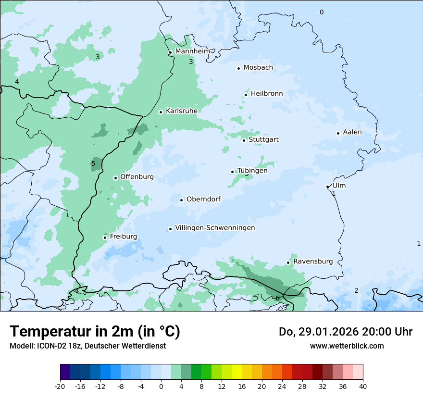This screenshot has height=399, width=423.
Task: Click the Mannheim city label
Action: (192, 51)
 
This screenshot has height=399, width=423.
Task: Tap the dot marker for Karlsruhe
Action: (161, 112)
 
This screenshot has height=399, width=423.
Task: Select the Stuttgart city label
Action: (263, 140)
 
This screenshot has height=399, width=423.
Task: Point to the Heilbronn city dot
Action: (246, 95)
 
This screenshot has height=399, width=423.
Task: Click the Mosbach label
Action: (258, 68)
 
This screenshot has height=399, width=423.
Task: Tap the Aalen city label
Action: (352, 132)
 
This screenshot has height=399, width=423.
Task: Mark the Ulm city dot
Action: (327, 187)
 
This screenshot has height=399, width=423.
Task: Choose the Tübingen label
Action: (252, 171)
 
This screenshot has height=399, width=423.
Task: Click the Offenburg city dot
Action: (115, 178)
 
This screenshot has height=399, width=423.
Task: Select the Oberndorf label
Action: (203, 199)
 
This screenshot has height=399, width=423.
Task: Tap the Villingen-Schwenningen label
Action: (215, 228)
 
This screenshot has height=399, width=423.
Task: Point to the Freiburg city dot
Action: (105, 237)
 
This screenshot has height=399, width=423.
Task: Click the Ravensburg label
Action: (313, 262)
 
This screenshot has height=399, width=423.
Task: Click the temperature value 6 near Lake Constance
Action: (277, 299)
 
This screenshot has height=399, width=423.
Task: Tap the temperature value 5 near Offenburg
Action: (93, 164)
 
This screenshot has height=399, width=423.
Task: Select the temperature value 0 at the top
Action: (322, 12)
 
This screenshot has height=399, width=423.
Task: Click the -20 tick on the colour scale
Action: (60, 387)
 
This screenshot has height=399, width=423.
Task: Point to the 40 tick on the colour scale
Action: (363, 387)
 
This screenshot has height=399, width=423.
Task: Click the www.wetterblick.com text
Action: (347, 346)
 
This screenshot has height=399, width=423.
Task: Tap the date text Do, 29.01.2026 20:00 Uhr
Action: (345, 332)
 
